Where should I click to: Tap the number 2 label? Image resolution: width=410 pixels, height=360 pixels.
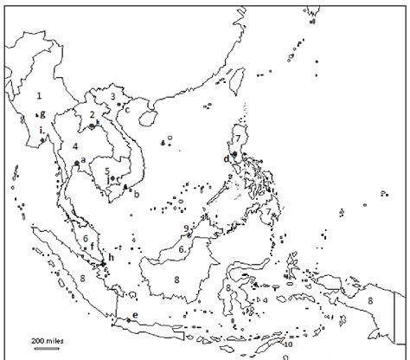coord(92,114)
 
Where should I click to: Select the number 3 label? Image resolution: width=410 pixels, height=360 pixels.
coord(112,96)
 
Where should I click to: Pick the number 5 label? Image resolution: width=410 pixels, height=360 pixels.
coord(106,171)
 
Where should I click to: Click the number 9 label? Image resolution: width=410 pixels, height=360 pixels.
coord(186,228)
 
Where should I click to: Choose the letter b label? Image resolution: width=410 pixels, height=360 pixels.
coord(136,195)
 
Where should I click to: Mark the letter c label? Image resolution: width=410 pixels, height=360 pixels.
coord(127,110)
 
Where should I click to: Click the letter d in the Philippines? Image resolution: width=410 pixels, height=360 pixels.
coord(227,158)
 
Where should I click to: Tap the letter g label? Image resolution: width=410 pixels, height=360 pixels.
coord(42,114)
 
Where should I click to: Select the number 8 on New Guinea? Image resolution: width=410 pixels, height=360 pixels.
coord(370,299)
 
